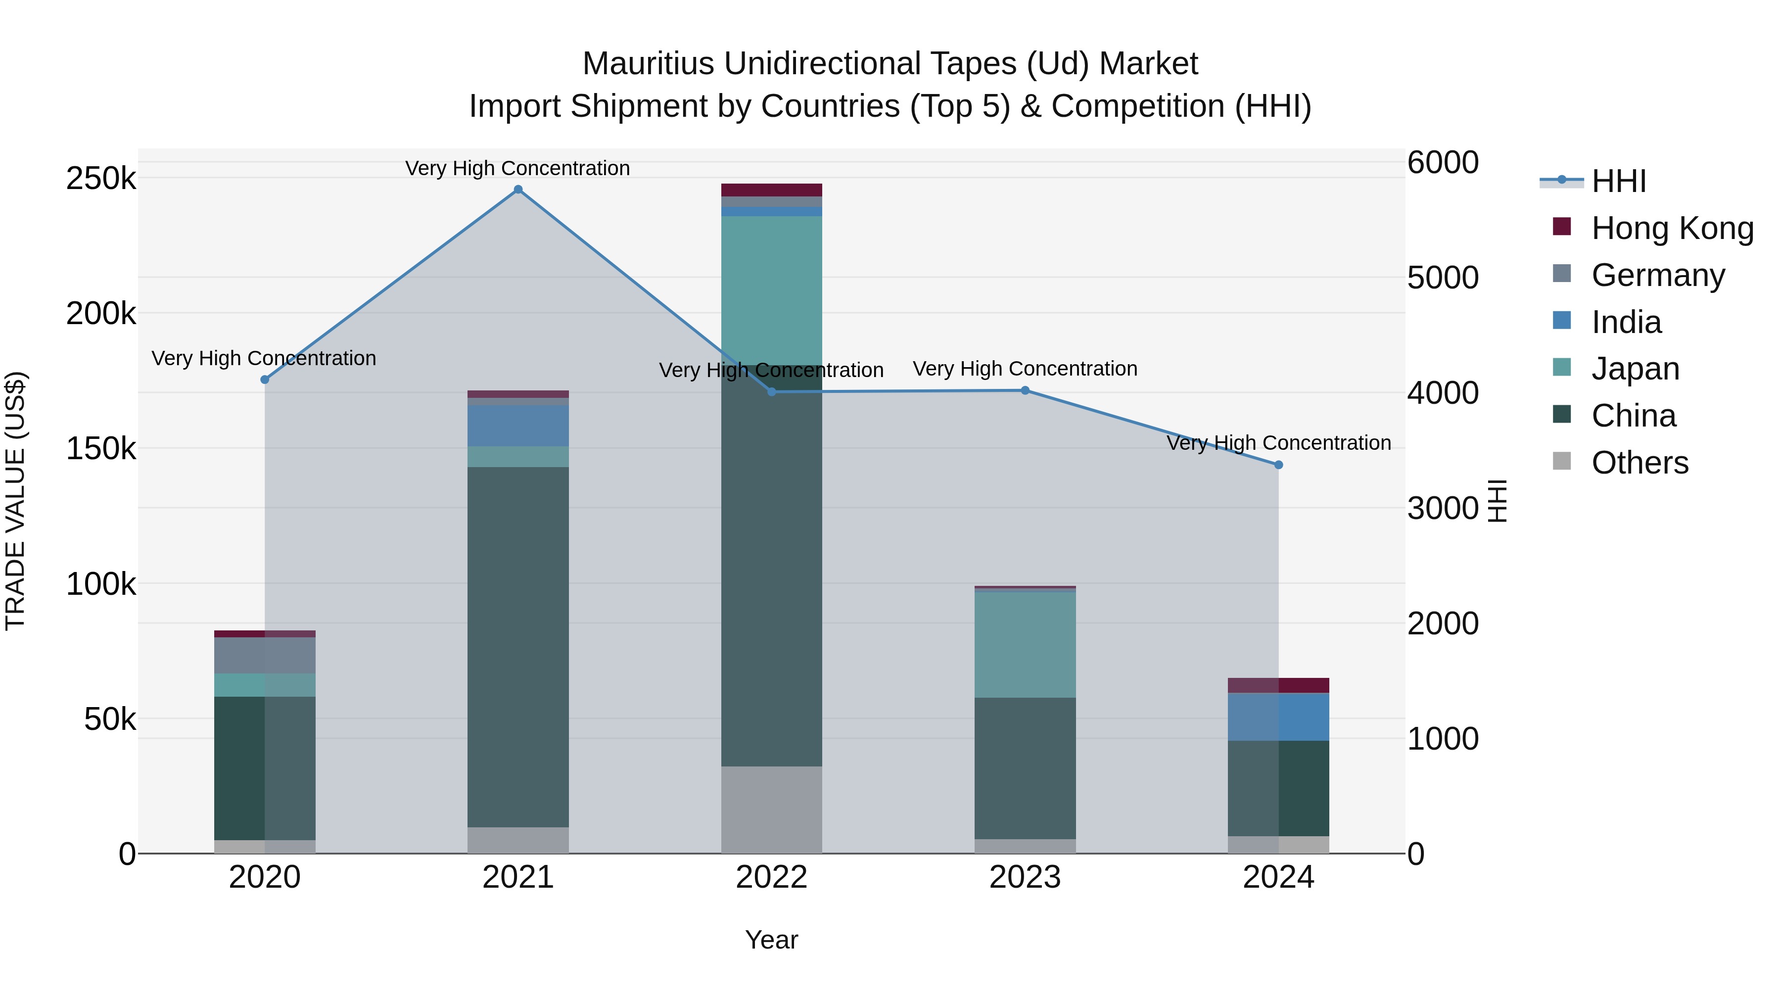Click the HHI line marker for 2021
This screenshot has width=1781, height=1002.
pyautogui.click(x=518, y=190)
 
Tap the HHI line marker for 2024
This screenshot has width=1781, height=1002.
pyautogui.click(x=1278, y=465)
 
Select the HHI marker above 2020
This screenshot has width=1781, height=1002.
pyautogui.click(x=265, y=380)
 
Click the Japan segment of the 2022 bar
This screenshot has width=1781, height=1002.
pyautogui.click(x=772, y=290)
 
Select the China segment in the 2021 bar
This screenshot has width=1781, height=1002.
pyautogui.click(x=518, y=647)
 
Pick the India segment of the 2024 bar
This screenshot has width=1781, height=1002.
pyautogui.click(x=1278, y=716)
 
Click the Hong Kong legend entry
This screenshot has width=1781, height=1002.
pyautogui.click(x=1672, y=228)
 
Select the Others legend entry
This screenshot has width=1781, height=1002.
pyautogui.click(x=1640, y=463)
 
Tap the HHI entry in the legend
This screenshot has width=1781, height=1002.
pyautogui.click(x=1618, y=181)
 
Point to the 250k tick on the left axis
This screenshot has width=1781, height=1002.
pyautogui.click(x=101, y=179)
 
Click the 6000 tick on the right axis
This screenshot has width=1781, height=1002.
pyautogui.click(x=1443, y=163)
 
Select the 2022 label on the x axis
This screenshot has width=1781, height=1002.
pyautogui.click(x=772, y=877)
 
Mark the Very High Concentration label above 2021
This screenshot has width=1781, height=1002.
pyautogui.click(x=518, y=168)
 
